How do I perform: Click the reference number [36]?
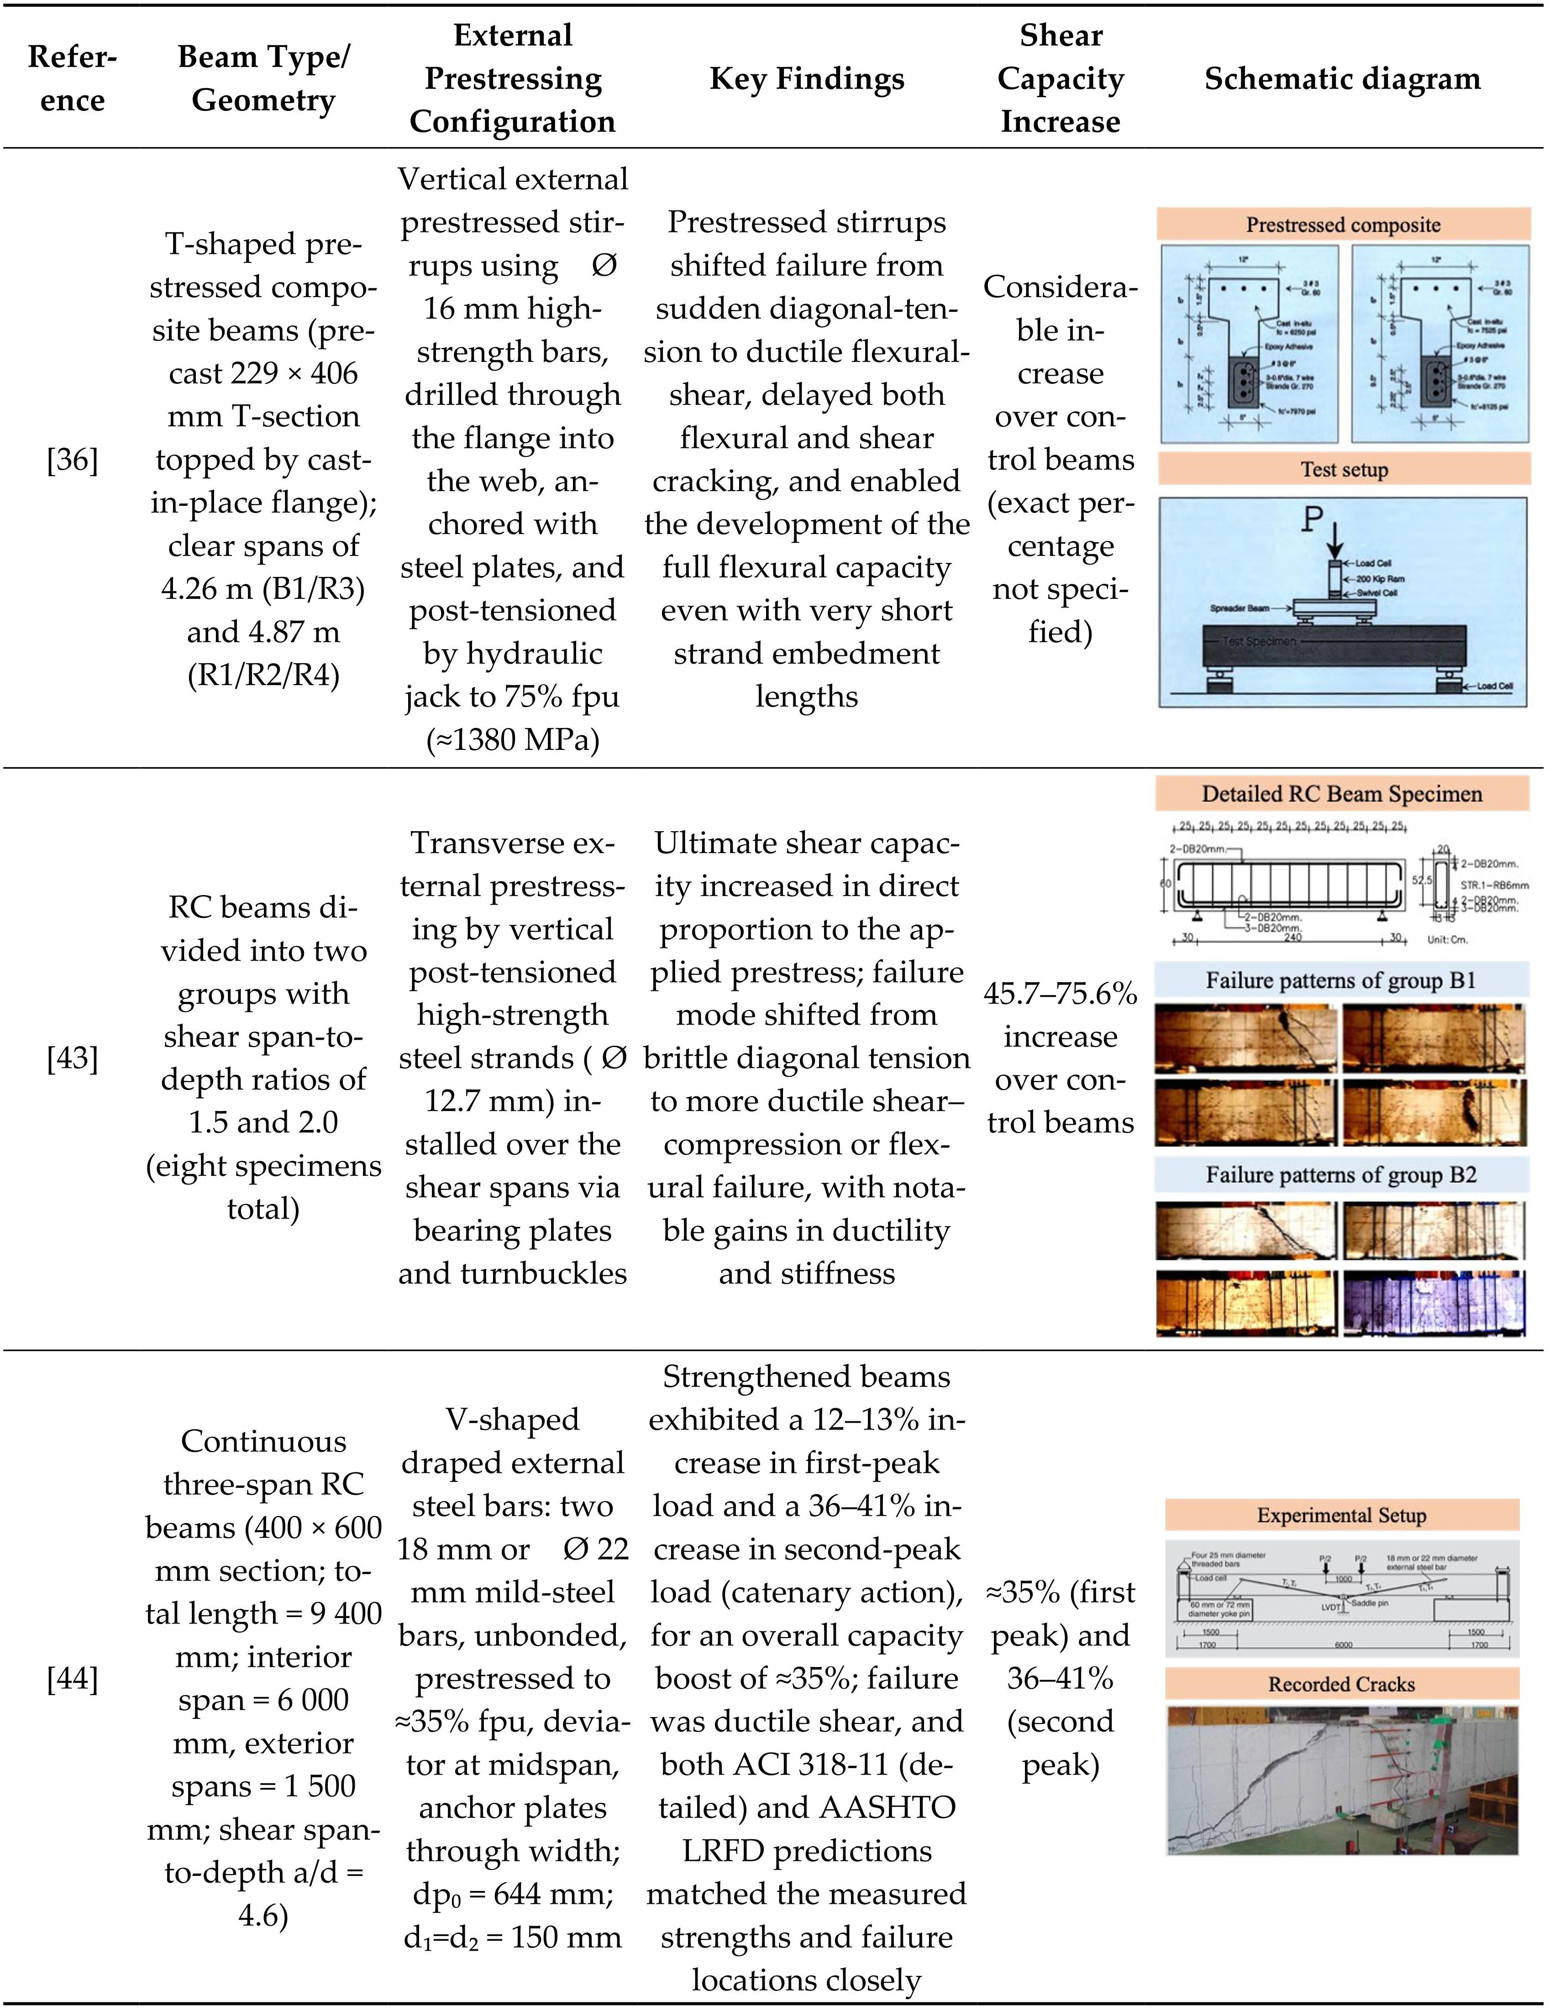pyautogui.click(x=72, y=460)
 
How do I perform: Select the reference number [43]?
pyautogui.click(x=72, y=1058)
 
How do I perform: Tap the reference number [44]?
pyautogui.click(x=72, y=1679)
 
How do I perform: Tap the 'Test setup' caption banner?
pyautogui.click(x=1344, y=470)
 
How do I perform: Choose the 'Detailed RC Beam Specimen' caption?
pyautogui.click(x=1342, y=794)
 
